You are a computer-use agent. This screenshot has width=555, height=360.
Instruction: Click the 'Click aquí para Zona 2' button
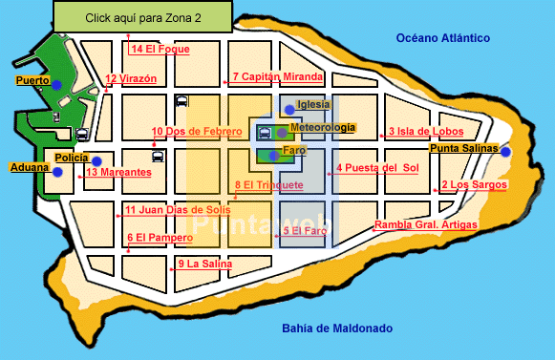(x=142, y=16)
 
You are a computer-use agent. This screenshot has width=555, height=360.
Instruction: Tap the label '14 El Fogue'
(x=160, y=49)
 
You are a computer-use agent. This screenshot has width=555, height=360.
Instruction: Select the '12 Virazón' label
(x=131, y=79)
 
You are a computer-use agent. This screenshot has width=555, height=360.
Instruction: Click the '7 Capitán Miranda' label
(x=278, y=76)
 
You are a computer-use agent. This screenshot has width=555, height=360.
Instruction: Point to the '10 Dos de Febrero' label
(x=196, y=132)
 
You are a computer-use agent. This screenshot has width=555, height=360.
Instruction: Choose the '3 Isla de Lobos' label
(x=425, y=132)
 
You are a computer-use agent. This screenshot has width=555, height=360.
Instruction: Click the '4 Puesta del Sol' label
(x=377, y=168)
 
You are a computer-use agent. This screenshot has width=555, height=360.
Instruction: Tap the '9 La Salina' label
(x=204, y=263)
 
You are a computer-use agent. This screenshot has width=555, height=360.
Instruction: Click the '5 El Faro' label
(x=305, y=230)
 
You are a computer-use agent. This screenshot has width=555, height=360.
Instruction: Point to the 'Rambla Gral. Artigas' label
(x=425, y=225)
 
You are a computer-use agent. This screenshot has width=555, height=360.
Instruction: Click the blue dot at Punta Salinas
(x=505, y=152)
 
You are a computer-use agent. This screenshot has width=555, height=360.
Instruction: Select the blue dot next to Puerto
(x=56, y=86)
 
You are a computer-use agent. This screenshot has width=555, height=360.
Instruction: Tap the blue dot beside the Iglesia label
(x=289, y=110)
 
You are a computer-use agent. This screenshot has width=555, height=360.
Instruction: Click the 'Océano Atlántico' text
(x=443, y=38)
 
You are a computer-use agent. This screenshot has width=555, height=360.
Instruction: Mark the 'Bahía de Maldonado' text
(x=336, y=328)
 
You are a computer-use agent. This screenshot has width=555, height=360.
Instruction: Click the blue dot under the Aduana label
(x=57, y=173)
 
